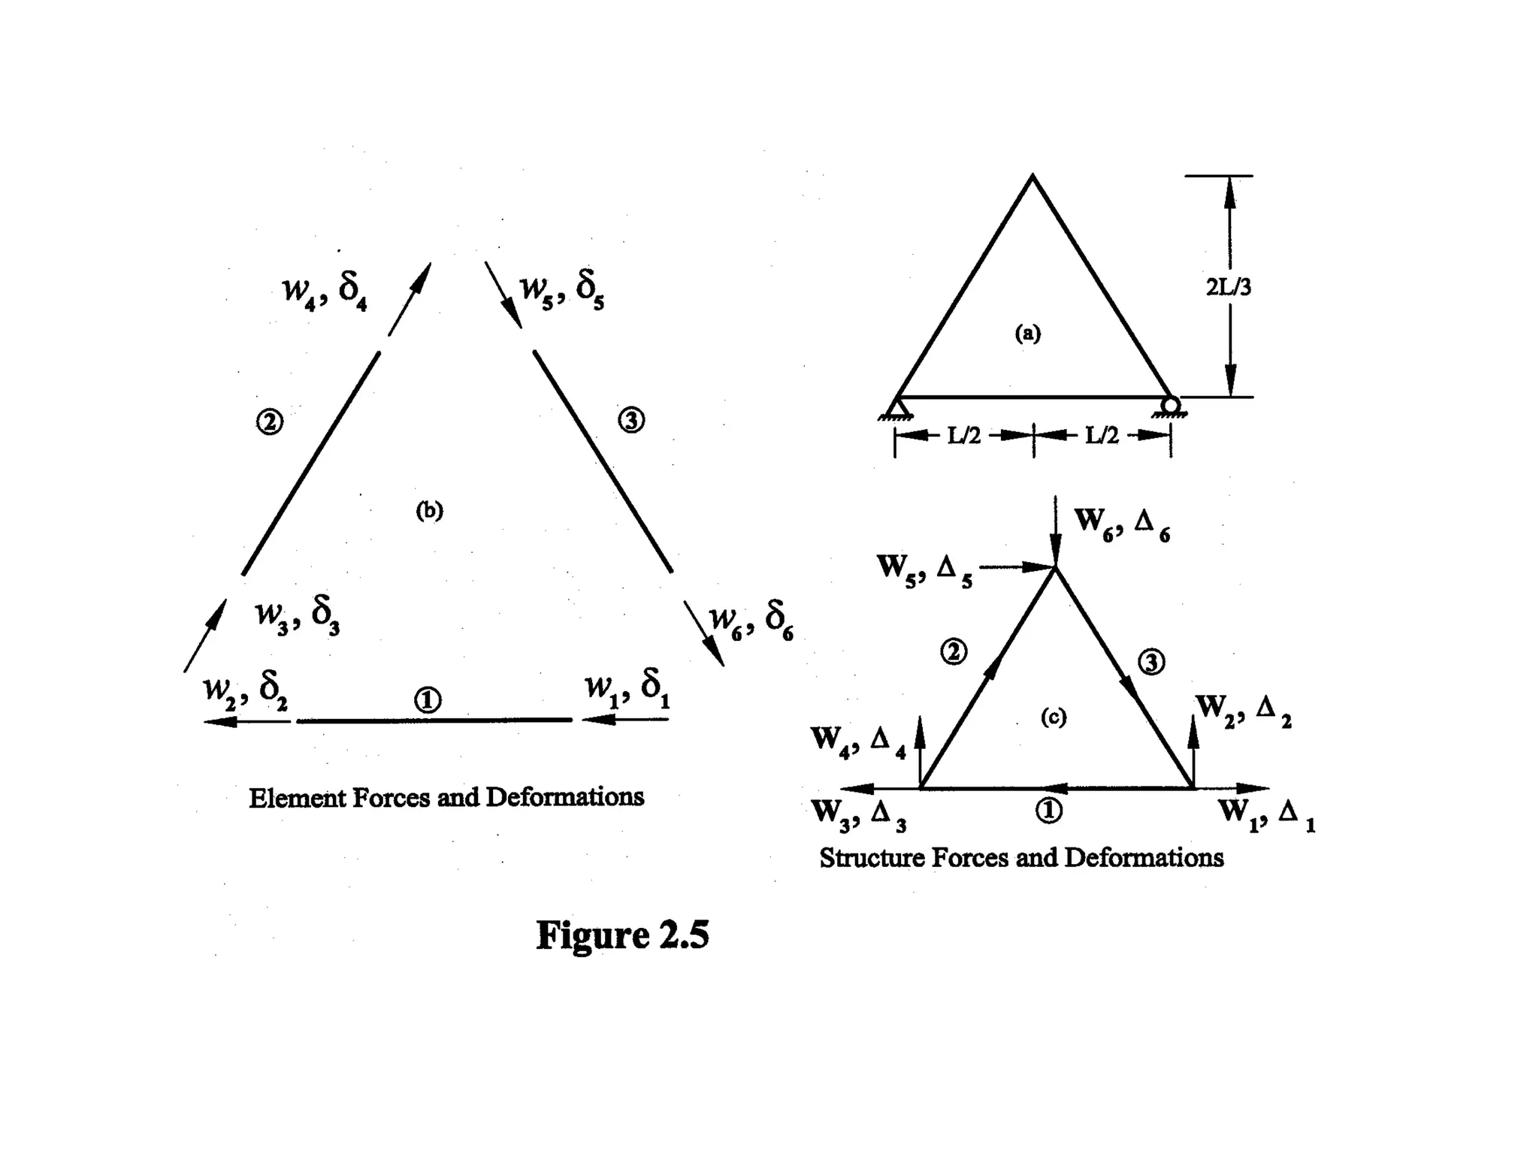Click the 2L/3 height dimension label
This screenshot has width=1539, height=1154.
(1229, 287)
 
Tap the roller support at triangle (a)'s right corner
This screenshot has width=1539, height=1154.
(1170, 406)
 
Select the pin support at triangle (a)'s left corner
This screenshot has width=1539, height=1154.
(896, 407)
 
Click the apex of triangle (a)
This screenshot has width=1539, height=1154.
(1033, 177)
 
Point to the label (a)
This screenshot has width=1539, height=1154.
(1028, 333)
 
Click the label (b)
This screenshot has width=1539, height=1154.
(429, 511)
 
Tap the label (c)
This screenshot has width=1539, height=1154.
(1053, 717)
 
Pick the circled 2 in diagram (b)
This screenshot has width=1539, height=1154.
(270, 421)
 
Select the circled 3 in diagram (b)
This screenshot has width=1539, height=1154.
(631, 419)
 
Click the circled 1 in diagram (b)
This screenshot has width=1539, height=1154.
(428, 700)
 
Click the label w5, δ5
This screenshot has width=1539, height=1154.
(563, 290)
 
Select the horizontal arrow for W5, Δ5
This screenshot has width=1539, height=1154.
(1014, 567)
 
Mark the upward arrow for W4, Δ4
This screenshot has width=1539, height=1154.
(919, 740)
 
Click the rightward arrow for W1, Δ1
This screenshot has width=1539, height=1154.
(1232, 788)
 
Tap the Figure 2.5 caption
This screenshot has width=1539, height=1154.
(622, 935)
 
